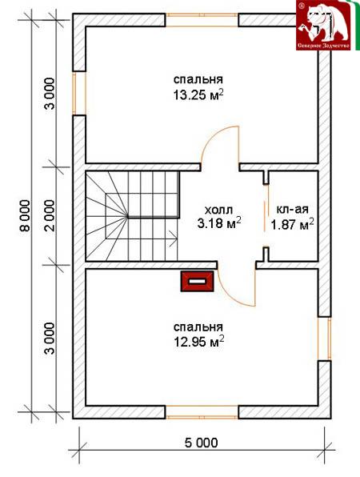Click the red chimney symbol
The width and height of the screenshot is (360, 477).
[x=198, y=282]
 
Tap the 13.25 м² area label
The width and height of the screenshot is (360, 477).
[x=199, y=94]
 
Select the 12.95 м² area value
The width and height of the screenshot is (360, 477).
[x=199, y=342]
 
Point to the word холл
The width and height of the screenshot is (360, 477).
[x=218, y=210]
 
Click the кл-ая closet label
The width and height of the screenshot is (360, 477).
[x=293, y=210]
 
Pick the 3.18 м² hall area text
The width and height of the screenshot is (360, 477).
[x=219, y=223]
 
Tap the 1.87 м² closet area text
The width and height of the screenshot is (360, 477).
[x=293, y=225]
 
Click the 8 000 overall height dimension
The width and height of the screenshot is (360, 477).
[x=26, y=215]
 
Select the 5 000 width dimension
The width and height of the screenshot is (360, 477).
[x=202, y=443]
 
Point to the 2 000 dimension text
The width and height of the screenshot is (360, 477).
[x=50, y=215]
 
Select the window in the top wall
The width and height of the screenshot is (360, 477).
[x=202, y=20]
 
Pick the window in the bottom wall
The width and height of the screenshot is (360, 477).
[x=202, y=412]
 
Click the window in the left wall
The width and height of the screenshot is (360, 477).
[x=79, y=94]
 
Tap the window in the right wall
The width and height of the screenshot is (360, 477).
[x=325, y=339]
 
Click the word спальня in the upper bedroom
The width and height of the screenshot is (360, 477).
[x=198, y=79]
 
